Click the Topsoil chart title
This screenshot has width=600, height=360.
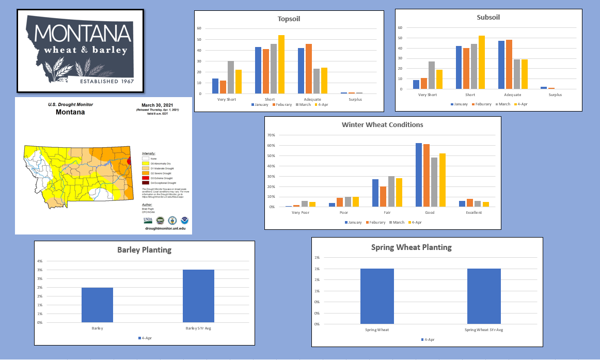[289, 19]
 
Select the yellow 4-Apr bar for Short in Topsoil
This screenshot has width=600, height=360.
[281, 65]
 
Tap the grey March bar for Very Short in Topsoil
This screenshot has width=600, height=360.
[231, 77]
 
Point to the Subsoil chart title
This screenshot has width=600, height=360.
[488, 17]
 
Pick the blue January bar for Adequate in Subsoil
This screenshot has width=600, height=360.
[501, 65]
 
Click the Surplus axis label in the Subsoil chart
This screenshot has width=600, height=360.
[556, 95]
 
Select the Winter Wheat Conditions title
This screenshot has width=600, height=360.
[382, 125]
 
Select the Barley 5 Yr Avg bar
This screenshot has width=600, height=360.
[198, 296]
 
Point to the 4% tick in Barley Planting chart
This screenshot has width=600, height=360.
[40, 261]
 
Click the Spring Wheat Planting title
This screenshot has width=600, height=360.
[411, 247]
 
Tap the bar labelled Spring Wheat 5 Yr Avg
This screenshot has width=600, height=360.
[484, 296]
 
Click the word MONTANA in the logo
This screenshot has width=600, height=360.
[83, 34]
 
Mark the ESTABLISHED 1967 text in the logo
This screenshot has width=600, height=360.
[106, 81]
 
